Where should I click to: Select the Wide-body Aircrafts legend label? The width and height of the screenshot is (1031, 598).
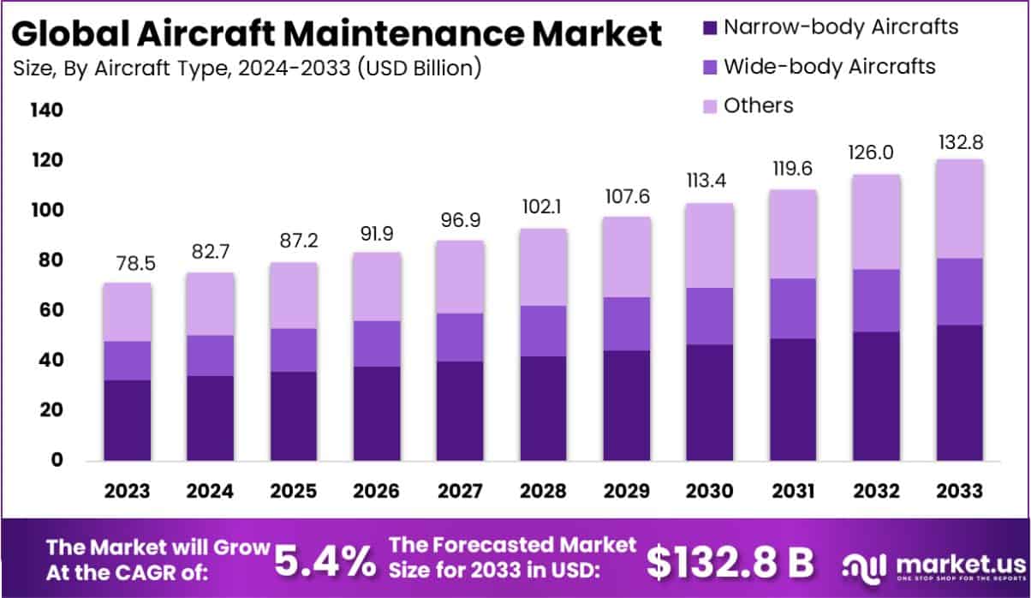(x=829, y=66)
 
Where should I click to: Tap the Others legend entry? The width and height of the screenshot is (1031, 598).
(x=758, y=105)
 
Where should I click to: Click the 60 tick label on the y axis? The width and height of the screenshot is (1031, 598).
(x=48, y=310)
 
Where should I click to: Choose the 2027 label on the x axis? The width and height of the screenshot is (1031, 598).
(x=460, y=491)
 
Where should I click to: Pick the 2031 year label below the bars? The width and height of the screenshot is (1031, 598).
(x=792, y=491)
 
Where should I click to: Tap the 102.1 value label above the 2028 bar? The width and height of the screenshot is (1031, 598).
(x=543, y=208)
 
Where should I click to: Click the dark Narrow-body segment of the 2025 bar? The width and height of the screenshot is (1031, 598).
(x=294, y=416)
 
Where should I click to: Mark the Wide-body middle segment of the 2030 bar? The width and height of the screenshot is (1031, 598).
(x=709, y=316)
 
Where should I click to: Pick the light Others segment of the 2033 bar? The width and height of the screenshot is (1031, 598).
(x=958, y=208)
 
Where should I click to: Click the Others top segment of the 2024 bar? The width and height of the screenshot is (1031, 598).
(x=211, y=303)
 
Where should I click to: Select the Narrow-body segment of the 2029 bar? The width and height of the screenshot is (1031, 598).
(x=626, y=405)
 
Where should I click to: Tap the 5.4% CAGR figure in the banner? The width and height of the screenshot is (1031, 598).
(x=325, y=561)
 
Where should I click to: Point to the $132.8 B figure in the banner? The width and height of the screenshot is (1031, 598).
(x=730, y=561)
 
